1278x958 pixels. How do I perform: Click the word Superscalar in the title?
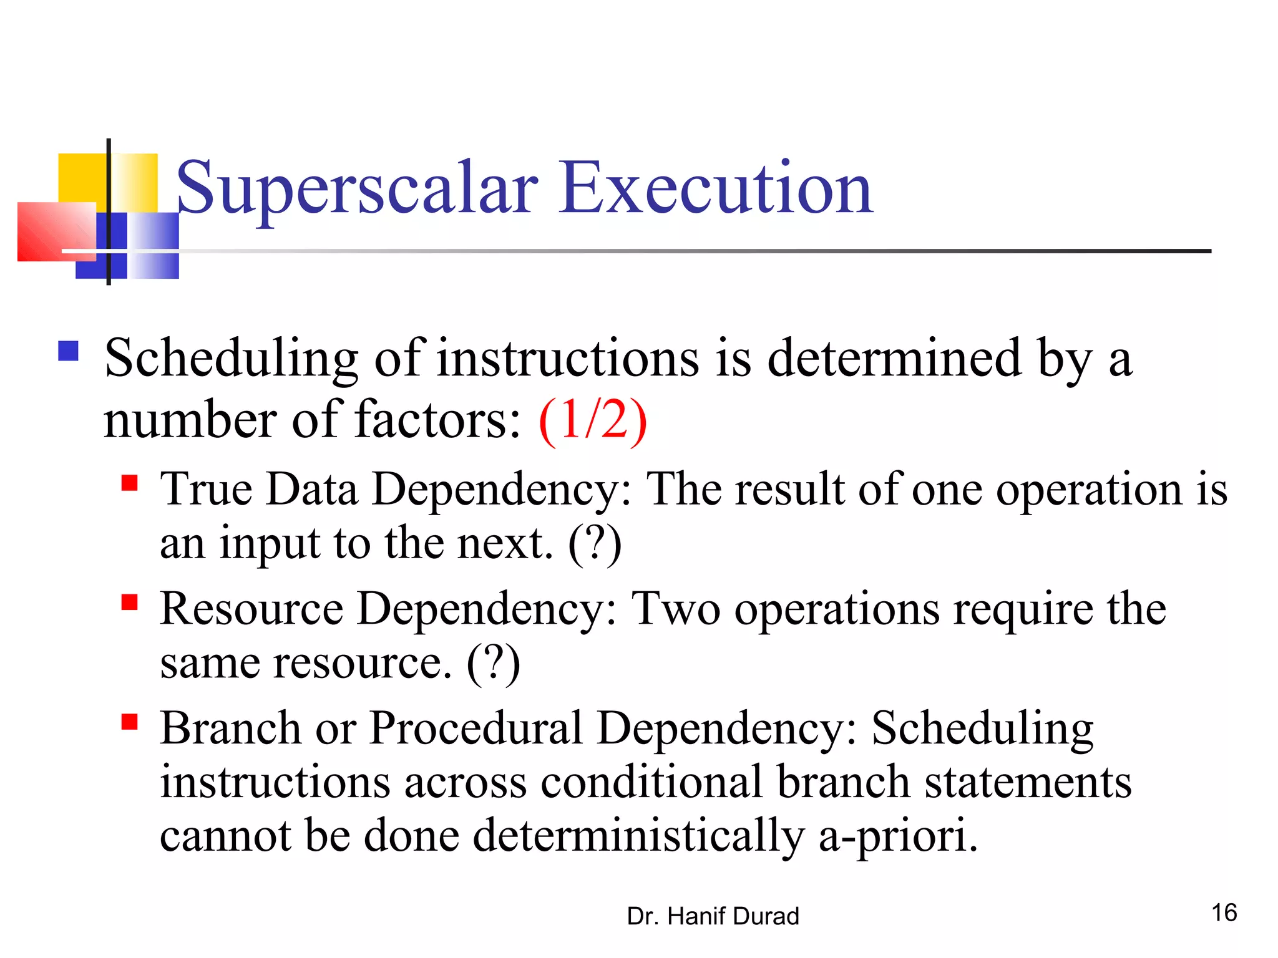pos(357,190)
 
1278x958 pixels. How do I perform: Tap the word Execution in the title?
pos(716,188)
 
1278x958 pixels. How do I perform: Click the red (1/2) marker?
pos(593,421)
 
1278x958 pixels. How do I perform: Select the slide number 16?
pos(1224,913)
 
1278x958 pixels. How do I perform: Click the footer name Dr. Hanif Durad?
pos(713,916)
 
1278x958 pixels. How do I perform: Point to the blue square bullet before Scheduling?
pos(68,351)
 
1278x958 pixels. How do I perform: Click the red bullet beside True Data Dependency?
pos(129,483)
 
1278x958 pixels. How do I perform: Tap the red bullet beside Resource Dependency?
pos(129,602)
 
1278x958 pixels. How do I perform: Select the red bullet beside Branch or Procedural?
pos(129,722)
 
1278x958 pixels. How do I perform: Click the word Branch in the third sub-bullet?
pos(230,728)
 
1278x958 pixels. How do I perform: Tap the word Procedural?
pos(476,728)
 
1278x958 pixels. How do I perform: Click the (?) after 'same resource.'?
pos(493,664)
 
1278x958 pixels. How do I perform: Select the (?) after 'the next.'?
pos(595,544)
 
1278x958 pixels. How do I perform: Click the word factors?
pos(437,421)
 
